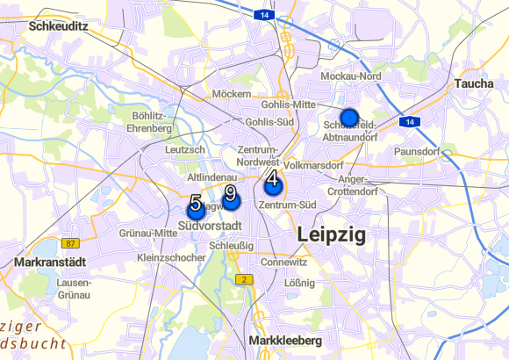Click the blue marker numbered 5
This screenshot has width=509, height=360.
point(196,209)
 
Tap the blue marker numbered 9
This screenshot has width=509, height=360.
point(231,200)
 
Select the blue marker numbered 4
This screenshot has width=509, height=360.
point(273,186)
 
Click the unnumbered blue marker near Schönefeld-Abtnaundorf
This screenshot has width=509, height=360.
point(350,117)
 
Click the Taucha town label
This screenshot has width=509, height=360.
point(475,83)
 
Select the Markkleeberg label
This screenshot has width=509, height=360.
point(285,340)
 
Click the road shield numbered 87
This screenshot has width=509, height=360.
point(71,243)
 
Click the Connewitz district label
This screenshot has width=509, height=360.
point(283,262)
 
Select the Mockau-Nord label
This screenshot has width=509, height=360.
point(350,77)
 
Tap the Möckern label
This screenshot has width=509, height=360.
point(232,94)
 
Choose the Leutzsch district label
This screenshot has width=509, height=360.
point(184,150)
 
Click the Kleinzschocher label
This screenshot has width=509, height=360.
point(171,257)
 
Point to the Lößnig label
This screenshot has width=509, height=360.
point(299,283)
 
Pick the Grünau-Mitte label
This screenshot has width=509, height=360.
point(147,233)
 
